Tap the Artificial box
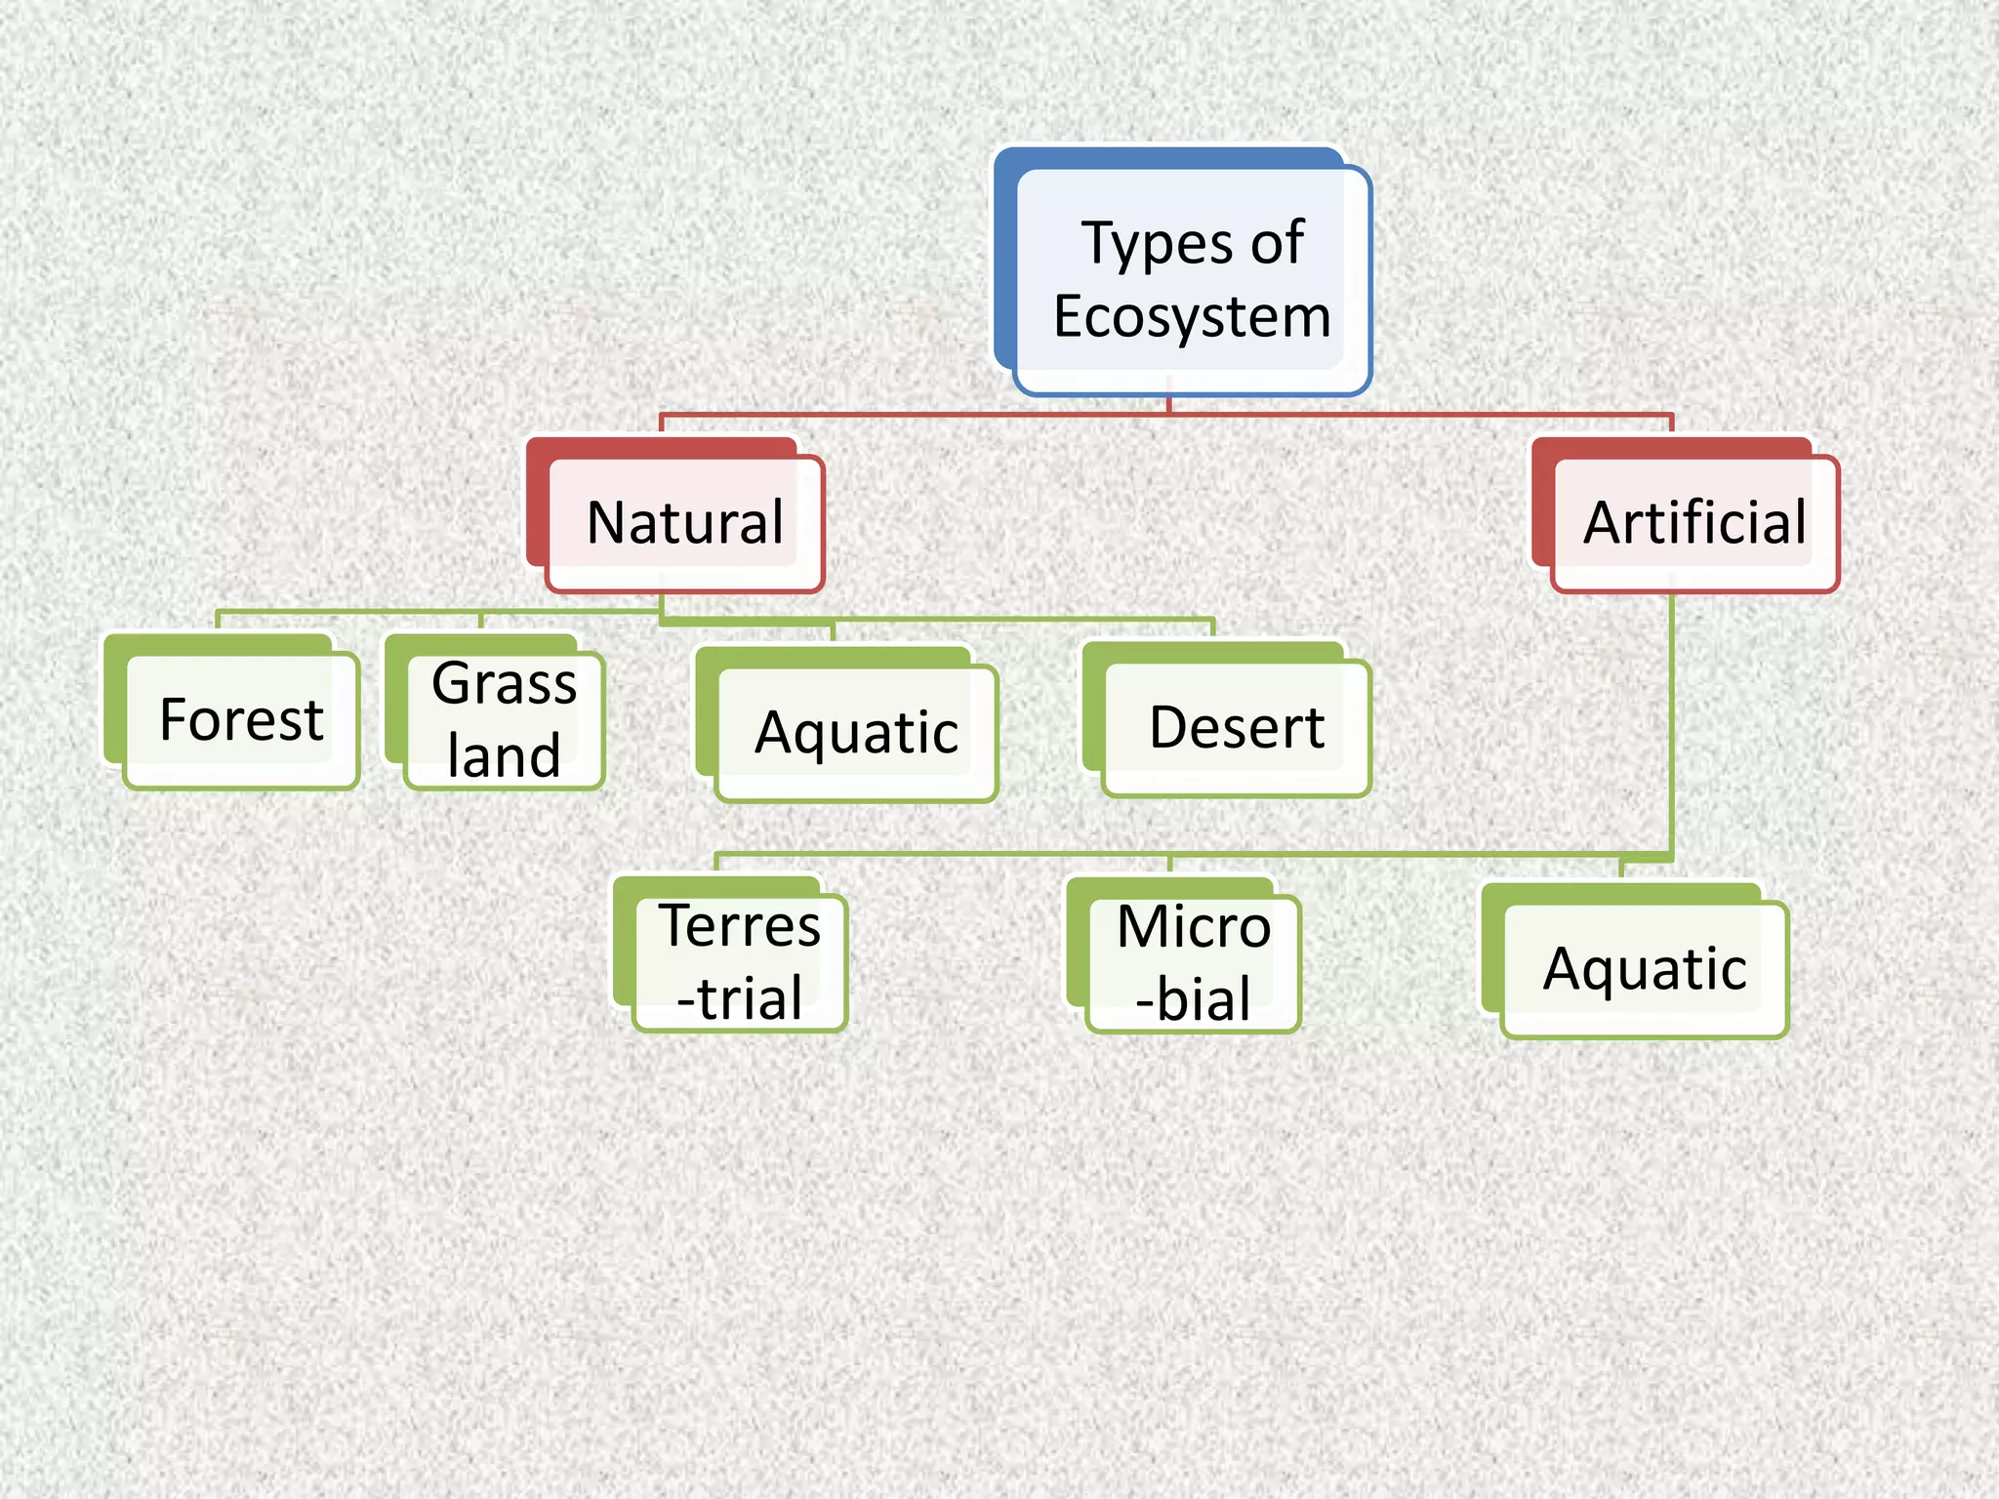[1694, 523]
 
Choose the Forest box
[241, 720]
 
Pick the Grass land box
[504, 720]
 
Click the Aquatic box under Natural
[856, 733]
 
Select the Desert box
[1236, 728]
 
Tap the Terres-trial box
[739, 962]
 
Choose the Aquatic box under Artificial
[1645, 969]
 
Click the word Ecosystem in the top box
[1192, 317]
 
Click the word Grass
[504, 683]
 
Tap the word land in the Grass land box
[504, 756]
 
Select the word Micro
[1193, 926]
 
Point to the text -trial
[740, 998]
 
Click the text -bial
[1193, 999]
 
